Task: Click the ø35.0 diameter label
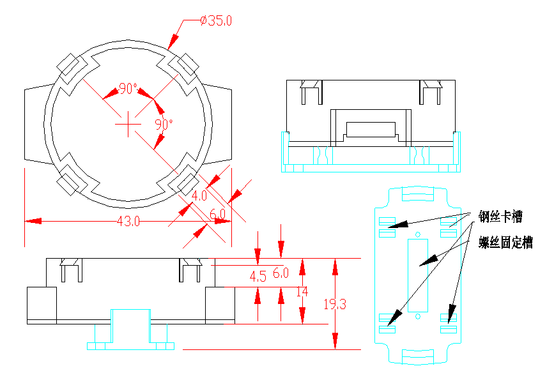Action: click(215, 20)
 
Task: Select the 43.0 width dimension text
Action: click(128, 221)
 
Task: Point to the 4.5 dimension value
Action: click(258, 277)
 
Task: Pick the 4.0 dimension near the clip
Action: click(199, 195)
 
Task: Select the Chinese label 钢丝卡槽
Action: click(501, 217)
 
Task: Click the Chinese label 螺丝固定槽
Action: click(505, 243)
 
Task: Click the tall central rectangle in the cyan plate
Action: click(417, 275)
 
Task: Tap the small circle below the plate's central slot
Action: click(418, 316)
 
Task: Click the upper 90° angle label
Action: click(128, 89)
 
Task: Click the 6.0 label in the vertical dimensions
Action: click(281, 273)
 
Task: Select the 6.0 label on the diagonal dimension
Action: click(218, 213)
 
